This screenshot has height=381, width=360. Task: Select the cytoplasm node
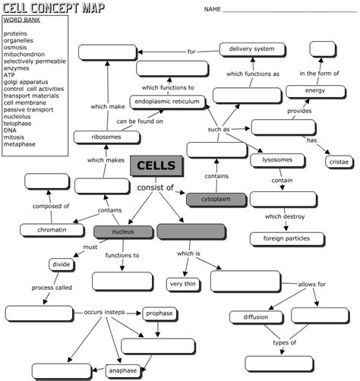click(218, 199)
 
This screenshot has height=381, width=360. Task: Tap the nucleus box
click(122, 231)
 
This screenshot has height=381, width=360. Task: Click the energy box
click(315, 90)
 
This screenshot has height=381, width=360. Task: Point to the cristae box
click(338, 162)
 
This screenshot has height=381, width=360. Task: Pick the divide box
click(62, 265)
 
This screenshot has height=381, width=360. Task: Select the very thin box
click(183, 284)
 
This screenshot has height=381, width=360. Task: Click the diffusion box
click(255, 316)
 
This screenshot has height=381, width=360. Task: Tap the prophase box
click(159, 313)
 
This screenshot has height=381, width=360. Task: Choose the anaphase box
click(122, 370)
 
